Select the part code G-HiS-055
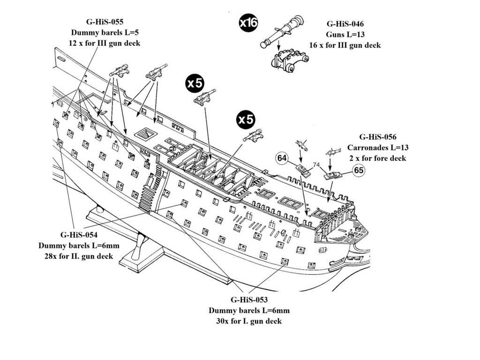tap(105, 22)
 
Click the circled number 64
tap(282, 159)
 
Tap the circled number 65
tap(359, 171)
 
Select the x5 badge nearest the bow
tap(246, 120)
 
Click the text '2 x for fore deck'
tap(378, 158)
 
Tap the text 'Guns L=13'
tap(345, 35)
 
